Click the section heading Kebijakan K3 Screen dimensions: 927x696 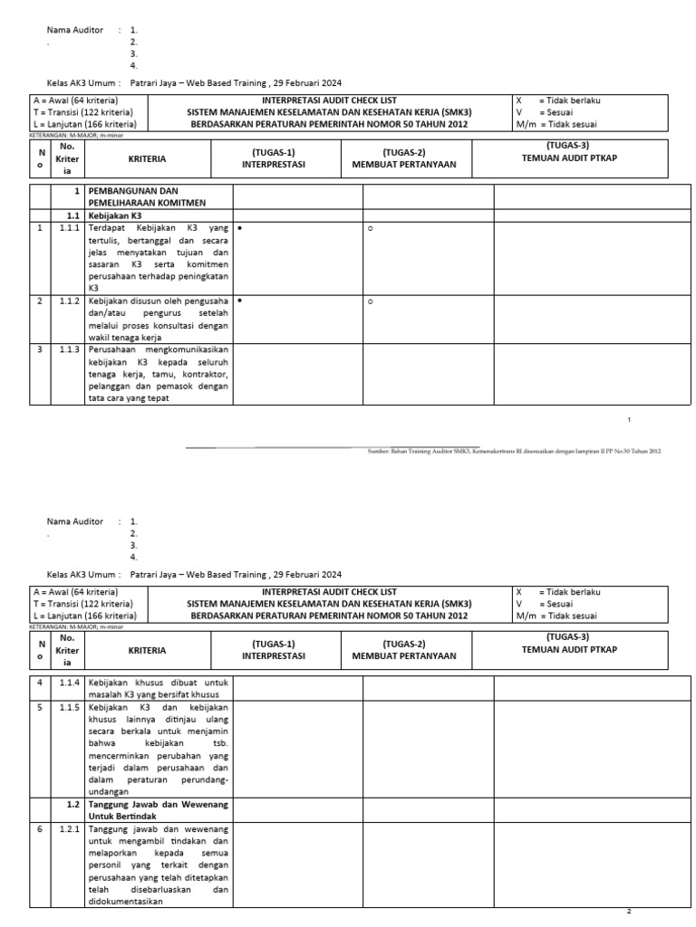click(115, 216)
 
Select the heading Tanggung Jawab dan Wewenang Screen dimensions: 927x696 click(159, 804)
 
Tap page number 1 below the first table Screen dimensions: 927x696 click(629, 420)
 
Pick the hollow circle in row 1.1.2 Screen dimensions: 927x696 click(370, 301)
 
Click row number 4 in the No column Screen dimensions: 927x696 click(40, 682)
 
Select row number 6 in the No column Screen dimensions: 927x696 click(40, 828)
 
